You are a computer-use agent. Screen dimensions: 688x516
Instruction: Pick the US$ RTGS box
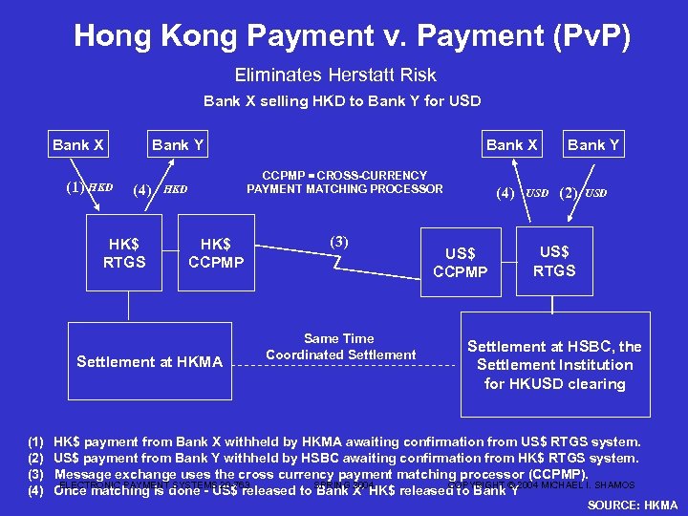click(554, 259)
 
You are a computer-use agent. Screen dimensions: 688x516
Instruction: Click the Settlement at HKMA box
click(149, 361)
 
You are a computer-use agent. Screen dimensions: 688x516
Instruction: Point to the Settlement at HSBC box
click(555, 364)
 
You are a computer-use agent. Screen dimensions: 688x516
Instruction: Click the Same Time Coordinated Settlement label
click(340, 346)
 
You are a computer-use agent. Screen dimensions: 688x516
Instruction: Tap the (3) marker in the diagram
click(339, 241)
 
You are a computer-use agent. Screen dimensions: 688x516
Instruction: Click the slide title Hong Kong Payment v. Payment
click(352, 36)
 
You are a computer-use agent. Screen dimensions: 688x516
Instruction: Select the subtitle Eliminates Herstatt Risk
click(334, 75)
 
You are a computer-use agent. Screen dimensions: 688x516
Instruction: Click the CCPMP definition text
click(344, 182)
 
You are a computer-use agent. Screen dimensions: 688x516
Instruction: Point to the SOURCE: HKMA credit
click(632, 505)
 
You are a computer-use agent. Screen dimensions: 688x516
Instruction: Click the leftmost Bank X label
click(77, 145)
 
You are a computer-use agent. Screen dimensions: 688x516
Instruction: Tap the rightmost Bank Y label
click(593, 145)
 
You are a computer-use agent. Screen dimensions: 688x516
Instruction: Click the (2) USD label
click(582, 192)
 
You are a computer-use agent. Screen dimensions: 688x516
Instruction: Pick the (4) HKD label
click(159, 189)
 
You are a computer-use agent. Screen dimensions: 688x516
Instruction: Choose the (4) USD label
click(522, 192)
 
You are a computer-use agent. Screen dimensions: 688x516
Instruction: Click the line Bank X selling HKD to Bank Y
click(342, 100)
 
